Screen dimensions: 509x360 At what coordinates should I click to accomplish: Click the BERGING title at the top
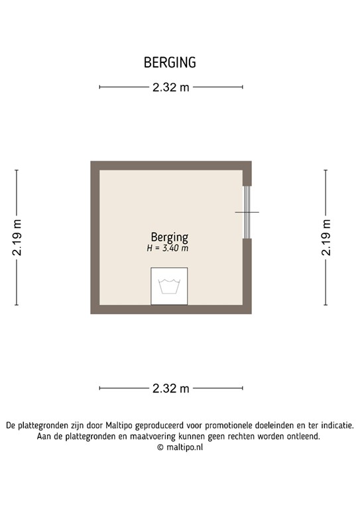click(x=170, y=63)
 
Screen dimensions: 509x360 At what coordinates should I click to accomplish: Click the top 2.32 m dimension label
click(x=170, y=87)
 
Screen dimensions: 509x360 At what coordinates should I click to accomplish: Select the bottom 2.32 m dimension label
click(x=170, y=388)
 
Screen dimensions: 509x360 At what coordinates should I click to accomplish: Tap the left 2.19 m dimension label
click(x=17, y=238)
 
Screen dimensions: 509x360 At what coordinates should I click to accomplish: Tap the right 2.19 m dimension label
click(x=326, y=238)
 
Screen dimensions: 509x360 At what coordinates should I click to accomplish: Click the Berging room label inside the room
click(x=170, y=237)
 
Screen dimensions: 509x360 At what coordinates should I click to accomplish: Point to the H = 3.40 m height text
click(x=168, y=249)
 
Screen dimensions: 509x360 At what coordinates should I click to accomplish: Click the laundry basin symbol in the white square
click(x=169, y=286)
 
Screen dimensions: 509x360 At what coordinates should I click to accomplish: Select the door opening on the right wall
click(x=247, y=212)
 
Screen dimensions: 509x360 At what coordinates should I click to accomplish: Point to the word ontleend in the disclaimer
click(x=302, y=436)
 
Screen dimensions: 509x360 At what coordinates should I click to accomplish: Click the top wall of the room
click(x=170, y=165)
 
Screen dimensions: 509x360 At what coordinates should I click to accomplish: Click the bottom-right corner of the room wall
click(x=247, y=310)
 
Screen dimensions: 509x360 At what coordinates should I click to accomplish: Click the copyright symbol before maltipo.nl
click(x=160, y=447)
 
